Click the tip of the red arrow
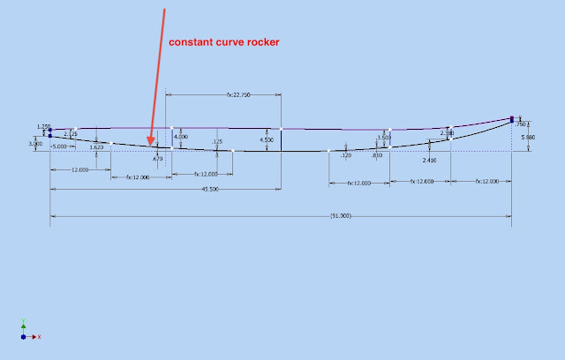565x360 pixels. click(151, 143)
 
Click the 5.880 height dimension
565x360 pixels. click(528, 139)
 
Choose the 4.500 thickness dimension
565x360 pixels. click(267, 139)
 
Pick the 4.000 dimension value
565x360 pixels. click(180, 137)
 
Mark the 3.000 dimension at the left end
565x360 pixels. click(35, 143)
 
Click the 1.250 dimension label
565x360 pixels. click(44, 127)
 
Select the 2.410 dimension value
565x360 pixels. click(430, 161)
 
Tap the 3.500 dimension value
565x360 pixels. click(383, 138)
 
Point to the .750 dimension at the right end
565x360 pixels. click(521, 124)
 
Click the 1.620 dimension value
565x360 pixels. click(96, 147)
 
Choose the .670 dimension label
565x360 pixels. click(158, 159)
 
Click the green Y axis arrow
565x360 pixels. click(23, 324)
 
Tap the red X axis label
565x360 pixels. click(40, 336)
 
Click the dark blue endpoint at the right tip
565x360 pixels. click(511, 118)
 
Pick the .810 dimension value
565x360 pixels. click(377, 155)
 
